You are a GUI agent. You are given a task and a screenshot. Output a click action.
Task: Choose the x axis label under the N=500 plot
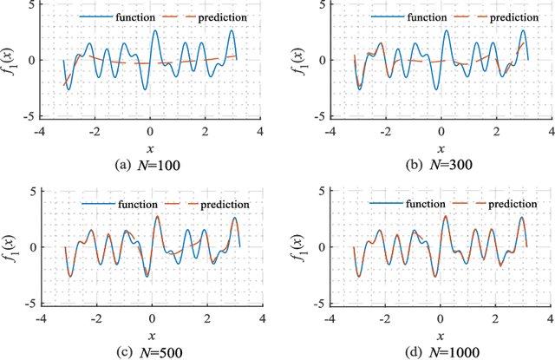pos(151,335)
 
